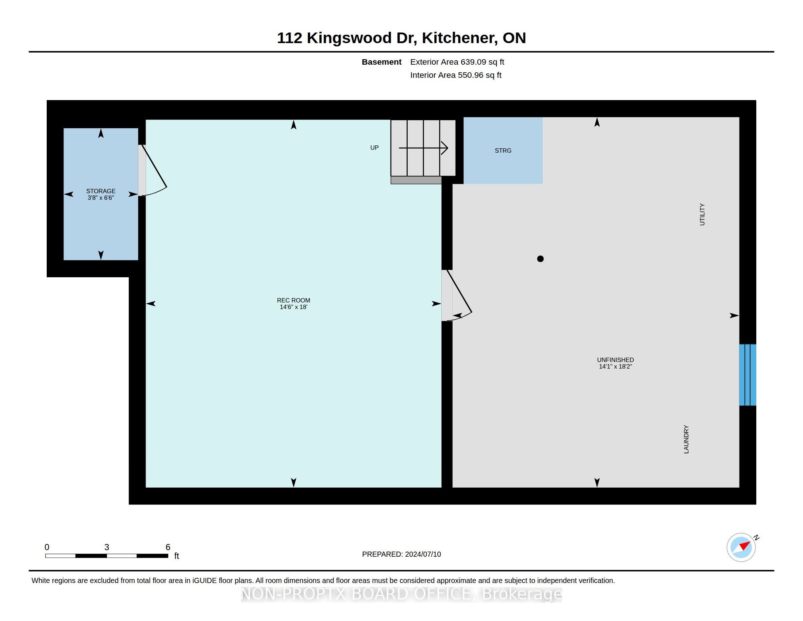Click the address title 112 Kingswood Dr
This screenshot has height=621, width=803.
(x=347, y=38)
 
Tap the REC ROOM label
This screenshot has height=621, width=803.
(x=293, y=300)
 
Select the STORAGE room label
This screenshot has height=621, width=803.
(x=101, y=191)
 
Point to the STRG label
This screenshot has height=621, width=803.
(x=503, y=151)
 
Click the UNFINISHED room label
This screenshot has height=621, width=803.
(x=615, y=360)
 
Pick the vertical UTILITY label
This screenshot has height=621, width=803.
(x=702, y=214)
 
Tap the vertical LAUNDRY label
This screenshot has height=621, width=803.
(x=686, y=439)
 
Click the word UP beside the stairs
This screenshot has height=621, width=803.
(x=374, y=148)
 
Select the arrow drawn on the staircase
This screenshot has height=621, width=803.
(x=423, y=148)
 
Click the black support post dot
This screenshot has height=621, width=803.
(x=540, y=259)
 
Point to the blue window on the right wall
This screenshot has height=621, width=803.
(x=748, y=375)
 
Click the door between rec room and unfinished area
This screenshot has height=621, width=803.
(x=456, y=296)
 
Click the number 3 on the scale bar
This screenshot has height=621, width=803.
(x=107, y=547)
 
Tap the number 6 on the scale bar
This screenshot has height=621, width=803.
(x=168, y=547)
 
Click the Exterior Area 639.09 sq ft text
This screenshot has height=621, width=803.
(x=457, y=62)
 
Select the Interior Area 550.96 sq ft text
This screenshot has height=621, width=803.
(x=456, y=75)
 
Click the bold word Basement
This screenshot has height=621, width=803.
(x=382, y=62)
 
